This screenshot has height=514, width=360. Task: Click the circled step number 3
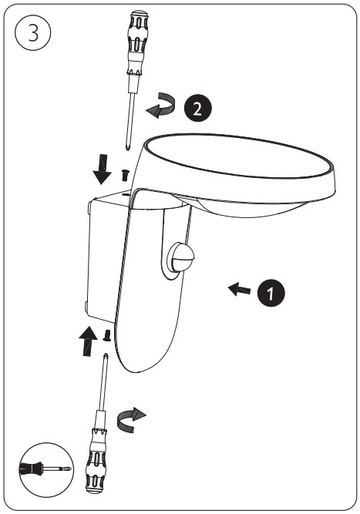click(33, 33)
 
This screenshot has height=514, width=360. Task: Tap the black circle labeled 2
click(197, 108)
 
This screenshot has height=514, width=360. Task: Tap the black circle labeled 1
click(271, 293)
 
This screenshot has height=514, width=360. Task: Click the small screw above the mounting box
click(126, 175)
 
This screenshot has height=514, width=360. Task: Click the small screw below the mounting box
click(106, 335)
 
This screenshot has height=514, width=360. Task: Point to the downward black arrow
click(102, 169)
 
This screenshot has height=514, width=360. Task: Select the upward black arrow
click(88, 341)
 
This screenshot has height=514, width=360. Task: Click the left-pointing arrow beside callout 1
click(239, 290)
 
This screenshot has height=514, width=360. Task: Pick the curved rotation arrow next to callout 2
click(161, 106)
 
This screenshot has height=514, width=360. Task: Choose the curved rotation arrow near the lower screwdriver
click(130, 420)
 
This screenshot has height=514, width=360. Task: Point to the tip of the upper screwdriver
click(127, 149)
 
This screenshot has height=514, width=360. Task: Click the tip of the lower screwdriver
click(106, 354)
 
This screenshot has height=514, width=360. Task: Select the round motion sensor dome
click(180, 257)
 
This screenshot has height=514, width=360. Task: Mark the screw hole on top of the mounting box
click(126, 194)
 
